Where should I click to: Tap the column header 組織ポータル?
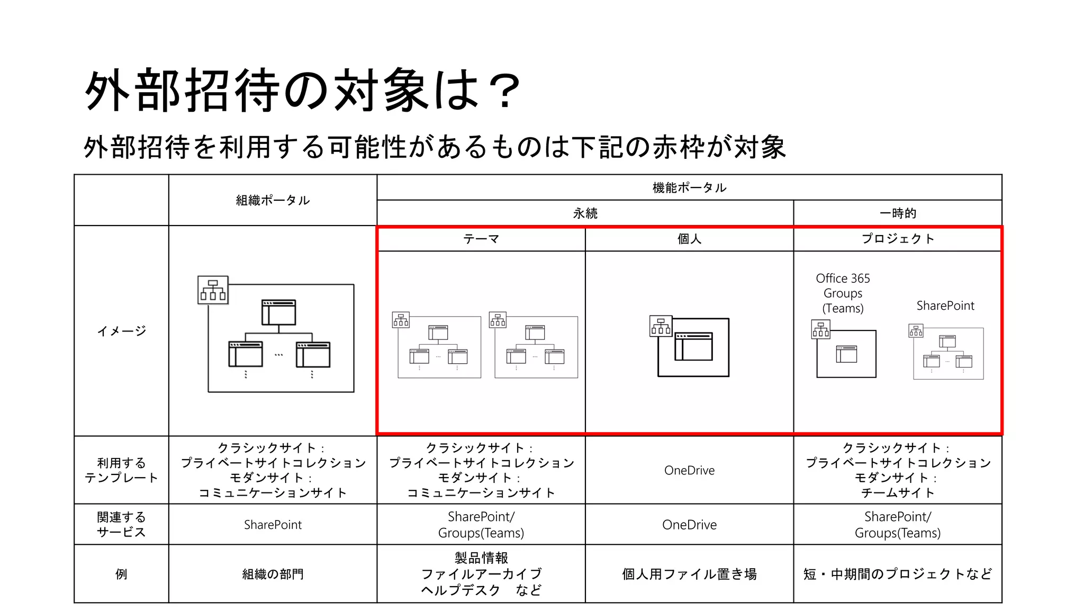pyautogui.click(x=273, y=200)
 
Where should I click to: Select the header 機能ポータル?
pyautogui.click(x=689, y=187)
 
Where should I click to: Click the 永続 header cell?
pyautogui.click(x=585, y=213)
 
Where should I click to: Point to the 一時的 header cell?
pyautogui.click(x=898, y=213)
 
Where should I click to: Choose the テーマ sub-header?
pyautogui.click(x=481, y=239)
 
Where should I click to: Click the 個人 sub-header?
pyautogui.click(x=689, y=239)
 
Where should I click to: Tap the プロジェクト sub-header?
pyautogui.click(x=898, y=239)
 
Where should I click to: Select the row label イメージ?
pyautogui.click(x=121, y=331)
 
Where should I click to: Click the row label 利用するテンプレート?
pyautogui.click(x=121, y=470)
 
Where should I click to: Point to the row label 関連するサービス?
pyautogui.click(x=121, y=524)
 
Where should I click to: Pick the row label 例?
pyautogui.click(x=121, y=574)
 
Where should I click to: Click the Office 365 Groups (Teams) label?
pyautogui.click(x=843, y=293)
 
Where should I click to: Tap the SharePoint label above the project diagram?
pyautogui.click(x=945, y=306)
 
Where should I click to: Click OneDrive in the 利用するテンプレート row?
pyautogui.click(x=689, y=470)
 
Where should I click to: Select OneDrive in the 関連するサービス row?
pyautogui.click(x=689, y=525)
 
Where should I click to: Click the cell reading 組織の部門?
pyautogui.click(x=273, y=574)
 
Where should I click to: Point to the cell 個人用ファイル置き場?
pyautogui.click(x=689, y=574)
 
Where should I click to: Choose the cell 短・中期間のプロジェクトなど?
pyautogui.click(x=898, y=574)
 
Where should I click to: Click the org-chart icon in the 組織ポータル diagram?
pyautogui.click(x=213, y=290)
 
